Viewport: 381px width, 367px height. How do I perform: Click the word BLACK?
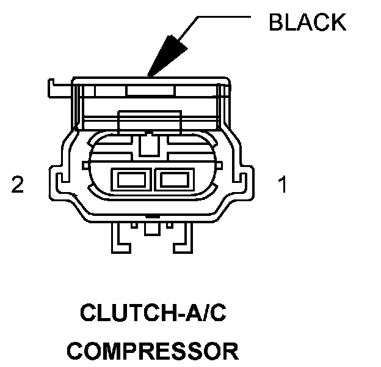point(307,22)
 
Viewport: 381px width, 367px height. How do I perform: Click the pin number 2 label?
point(18,185)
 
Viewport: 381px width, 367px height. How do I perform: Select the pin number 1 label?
point(283,185)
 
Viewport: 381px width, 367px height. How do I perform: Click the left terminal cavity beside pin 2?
point(131,180)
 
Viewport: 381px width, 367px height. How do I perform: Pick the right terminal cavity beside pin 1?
point(174,180)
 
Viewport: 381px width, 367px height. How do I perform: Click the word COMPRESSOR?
point(153,351)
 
